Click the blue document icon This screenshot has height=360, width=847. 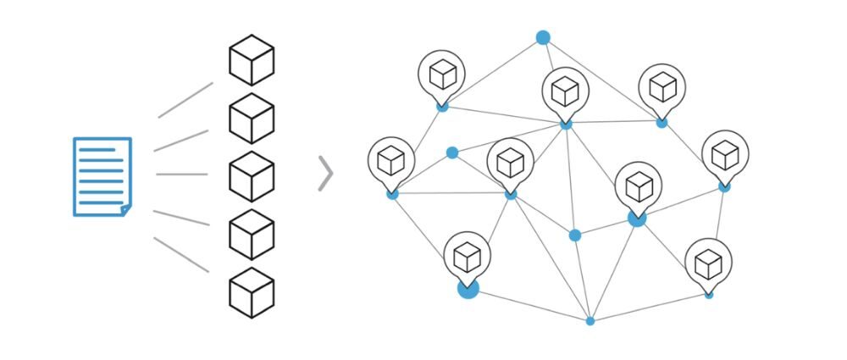point(102,176)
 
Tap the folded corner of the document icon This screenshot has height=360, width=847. point(125,208)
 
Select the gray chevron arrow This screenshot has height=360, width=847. point(325,174)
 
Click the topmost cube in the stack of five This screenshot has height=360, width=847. point(252,61)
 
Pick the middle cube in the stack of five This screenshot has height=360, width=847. point(252,176)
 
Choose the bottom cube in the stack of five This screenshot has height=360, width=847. point(252,291)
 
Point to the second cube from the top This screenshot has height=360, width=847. point(252,119)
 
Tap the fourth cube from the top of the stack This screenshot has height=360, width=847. point(252,234)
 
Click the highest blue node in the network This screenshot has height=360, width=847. point(543,37)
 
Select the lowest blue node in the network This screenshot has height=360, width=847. point(590,321)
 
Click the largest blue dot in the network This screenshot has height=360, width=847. point(468,288)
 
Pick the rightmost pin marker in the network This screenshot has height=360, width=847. point(725,154)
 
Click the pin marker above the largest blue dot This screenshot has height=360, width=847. point(467,256)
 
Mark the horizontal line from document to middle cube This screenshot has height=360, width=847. point(181,174)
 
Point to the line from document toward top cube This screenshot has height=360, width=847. point(185,100)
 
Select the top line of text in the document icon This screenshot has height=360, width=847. point(97,150)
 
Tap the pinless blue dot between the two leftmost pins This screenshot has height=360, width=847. point(452,152)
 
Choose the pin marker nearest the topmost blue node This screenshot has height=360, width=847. point(566,91)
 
